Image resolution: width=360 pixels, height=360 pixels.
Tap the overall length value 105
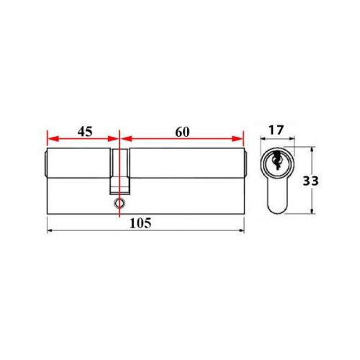click(140, 224)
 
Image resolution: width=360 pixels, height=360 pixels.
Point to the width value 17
click(275, 132)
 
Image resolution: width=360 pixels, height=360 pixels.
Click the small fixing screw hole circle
click(118, 204)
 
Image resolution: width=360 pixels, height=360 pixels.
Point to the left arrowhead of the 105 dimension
click(50, 231)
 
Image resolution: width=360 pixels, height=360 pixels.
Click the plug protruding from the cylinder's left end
click(44, 165)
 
